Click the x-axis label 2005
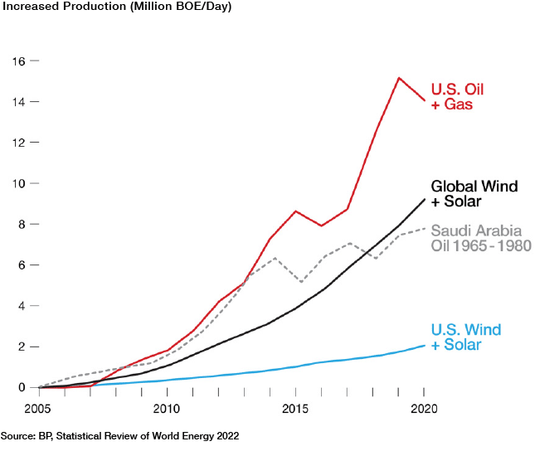point(39,408)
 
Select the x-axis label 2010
point(167,408)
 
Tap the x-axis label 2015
point(296,408)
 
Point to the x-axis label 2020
point(424,408)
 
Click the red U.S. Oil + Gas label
point(457,97)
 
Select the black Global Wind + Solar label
point(474,194)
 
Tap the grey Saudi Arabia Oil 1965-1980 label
point(480,238)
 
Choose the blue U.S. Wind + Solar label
point(466,337)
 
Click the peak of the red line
point(399,78)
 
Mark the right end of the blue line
point(425,345)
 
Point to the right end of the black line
point(425,199)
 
